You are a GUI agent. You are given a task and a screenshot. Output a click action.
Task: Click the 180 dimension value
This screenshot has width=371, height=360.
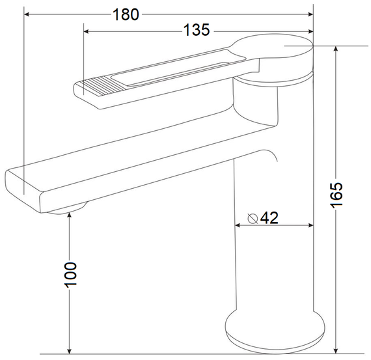click(x=126, y=15)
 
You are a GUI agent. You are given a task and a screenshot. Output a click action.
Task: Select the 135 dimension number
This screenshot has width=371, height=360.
click(x=197, y=30)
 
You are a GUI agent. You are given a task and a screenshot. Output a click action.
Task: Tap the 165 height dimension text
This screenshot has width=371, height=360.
click(x=337, y=195)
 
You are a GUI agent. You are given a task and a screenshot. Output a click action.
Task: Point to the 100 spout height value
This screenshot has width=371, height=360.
click(x=70, y=275)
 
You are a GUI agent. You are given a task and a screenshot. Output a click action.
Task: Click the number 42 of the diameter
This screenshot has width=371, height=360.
click(x=269, y=217)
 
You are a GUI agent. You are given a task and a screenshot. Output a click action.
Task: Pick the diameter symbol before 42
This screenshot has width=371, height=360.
click(x=253, y=218)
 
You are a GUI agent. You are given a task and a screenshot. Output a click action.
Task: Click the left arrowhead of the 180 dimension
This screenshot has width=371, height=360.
click(x=27, y=14)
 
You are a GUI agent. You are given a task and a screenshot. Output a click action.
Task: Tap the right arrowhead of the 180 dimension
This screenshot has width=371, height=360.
click(x=310, y=14)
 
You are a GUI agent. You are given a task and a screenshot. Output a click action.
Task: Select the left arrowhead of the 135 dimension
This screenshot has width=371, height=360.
click(x=87, y=31)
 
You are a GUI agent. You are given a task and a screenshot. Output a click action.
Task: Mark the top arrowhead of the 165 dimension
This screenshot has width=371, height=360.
click(x=336, y=49)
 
